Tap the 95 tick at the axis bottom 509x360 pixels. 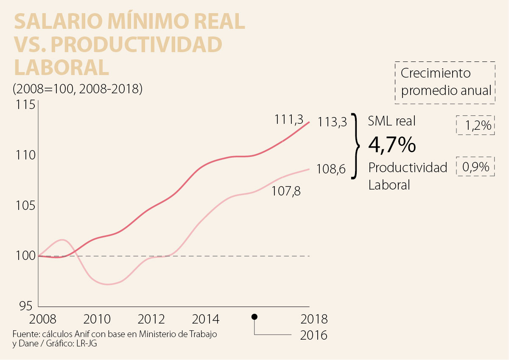click(26, 305)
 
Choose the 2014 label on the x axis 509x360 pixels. click(205, 318)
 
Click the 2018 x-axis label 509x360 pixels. click(314, 318)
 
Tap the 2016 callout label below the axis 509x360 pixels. click(314, 335)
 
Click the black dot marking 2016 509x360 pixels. click(255, 317)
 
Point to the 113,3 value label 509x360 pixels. click(333, 123)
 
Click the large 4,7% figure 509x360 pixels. click(392, 145)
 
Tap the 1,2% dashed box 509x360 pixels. click(475, 125)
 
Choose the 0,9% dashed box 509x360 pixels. click(475, 167)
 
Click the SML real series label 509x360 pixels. click(392, 121)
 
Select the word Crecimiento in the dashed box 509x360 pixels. click(436, 73)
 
